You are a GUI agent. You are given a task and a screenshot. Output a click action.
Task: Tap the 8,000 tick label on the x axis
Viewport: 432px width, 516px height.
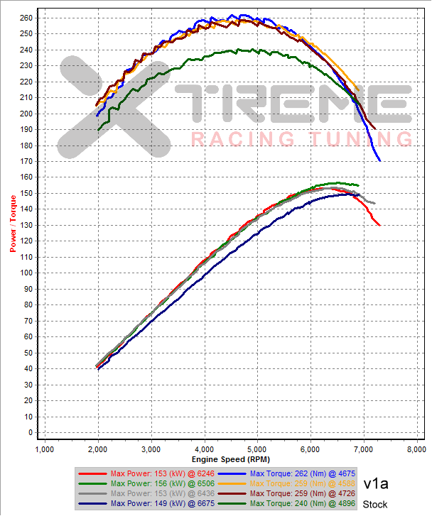point(416,449)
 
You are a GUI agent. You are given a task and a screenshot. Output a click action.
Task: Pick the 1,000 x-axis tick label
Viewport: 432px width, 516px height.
point(44,449)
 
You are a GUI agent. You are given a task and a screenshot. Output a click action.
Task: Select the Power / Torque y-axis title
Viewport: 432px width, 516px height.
point(13,224)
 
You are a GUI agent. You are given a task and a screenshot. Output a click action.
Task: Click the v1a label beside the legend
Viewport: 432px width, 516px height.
point(376,484)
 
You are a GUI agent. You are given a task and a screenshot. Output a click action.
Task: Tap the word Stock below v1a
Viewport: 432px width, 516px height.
point(375,505)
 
